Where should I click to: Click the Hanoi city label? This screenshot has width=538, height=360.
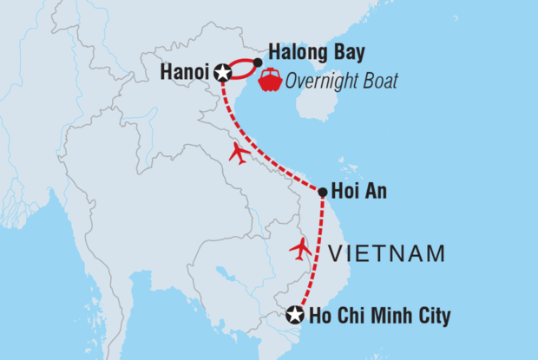[186, 73]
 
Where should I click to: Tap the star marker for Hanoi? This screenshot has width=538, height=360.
[222, 73]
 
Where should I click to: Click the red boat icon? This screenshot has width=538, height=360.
[270, 80]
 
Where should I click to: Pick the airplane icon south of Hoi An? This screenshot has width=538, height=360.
[301, 248]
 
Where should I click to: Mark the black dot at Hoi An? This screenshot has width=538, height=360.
[322, 192]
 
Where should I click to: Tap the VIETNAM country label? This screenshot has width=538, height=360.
[388, 254]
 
